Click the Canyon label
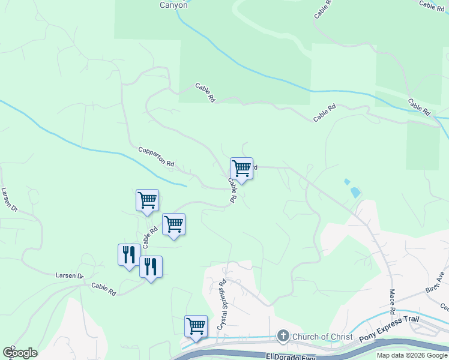click(173, 5)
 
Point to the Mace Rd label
click(392, 302)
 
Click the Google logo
click(20, 352)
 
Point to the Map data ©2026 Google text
click(412, 355)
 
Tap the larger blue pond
click(355, 193)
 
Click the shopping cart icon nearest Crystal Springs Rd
click(196, 326)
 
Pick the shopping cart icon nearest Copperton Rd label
click(148, 200)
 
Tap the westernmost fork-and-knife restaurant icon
click(129, 254)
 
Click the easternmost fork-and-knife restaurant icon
click(151, 266)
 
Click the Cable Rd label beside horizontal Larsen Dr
click(104, 289)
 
